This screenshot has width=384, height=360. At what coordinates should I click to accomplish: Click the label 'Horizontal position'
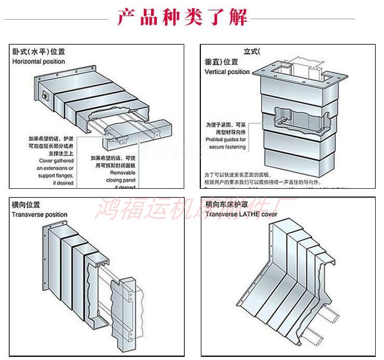pos(39,62)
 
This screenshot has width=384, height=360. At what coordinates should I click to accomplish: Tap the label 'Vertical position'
pos(227,72)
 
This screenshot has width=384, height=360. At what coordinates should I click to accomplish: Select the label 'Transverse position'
pos(39,215)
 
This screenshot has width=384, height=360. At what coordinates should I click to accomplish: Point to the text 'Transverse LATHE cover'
pos(241,214)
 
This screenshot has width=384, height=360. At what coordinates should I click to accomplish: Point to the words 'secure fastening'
pos(226,146)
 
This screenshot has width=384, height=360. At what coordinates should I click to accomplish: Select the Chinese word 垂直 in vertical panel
pos(211,62)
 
